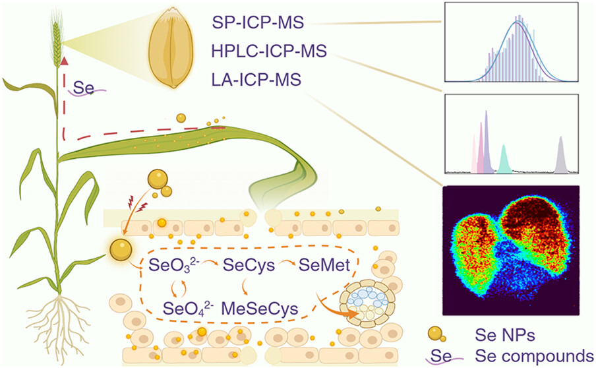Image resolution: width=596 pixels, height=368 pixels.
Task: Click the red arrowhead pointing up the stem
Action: tap(64, 61)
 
